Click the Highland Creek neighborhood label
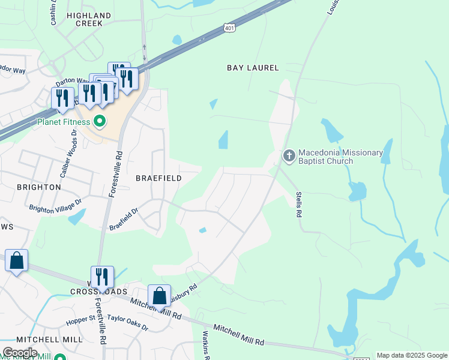pyautogui.click(x=89, y=19)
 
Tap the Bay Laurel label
pyautogui.click(x=253, y=68)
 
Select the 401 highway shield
pyautogui.click(x=229, y=28)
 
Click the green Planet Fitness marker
pyautogui.click(x=100, y=122)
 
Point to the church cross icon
pyautogui.click(x=289, y=157)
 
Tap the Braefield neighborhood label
pyautogui.click(x=158, y=178)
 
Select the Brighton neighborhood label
pyautogui.click(x=38, y=187)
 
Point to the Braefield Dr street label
pyautogui.click(x=124, y=219)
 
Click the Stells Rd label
pyautogui.click(x=298, y=205)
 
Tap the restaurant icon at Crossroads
pyautogui.click(x=103, y=277)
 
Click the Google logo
pyautogui.click(x=19, y=353)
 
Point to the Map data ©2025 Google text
pyautogui.click(x=412, y=355)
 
